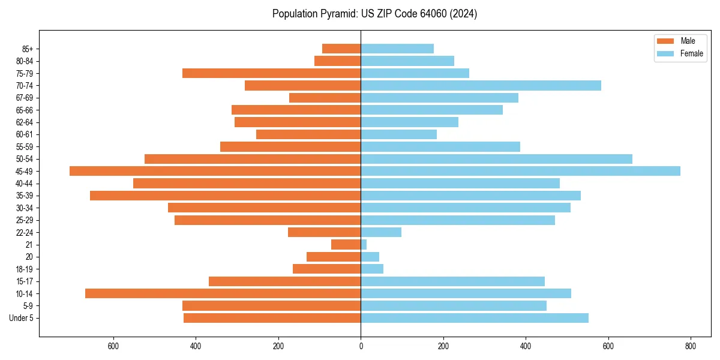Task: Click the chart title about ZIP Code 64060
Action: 374,14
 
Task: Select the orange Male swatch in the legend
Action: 665,41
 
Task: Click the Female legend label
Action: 691,53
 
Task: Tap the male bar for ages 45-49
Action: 215,171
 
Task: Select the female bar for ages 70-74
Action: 481,85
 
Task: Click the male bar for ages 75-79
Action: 271,73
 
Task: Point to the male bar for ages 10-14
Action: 223,293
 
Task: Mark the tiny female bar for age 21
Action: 364,245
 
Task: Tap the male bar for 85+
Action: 341,49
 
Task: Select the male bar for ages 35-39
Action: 225,196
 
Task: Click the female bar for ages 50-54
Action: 496,159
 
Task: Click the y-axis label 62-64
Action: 25,122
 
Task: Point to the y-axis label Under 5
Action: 21,318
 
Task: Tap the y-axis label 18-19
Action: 25,269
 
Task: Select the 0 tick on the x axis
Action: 361,346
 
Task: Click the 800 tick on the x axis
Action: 691,346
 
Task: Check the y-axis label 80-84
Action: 25,61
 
